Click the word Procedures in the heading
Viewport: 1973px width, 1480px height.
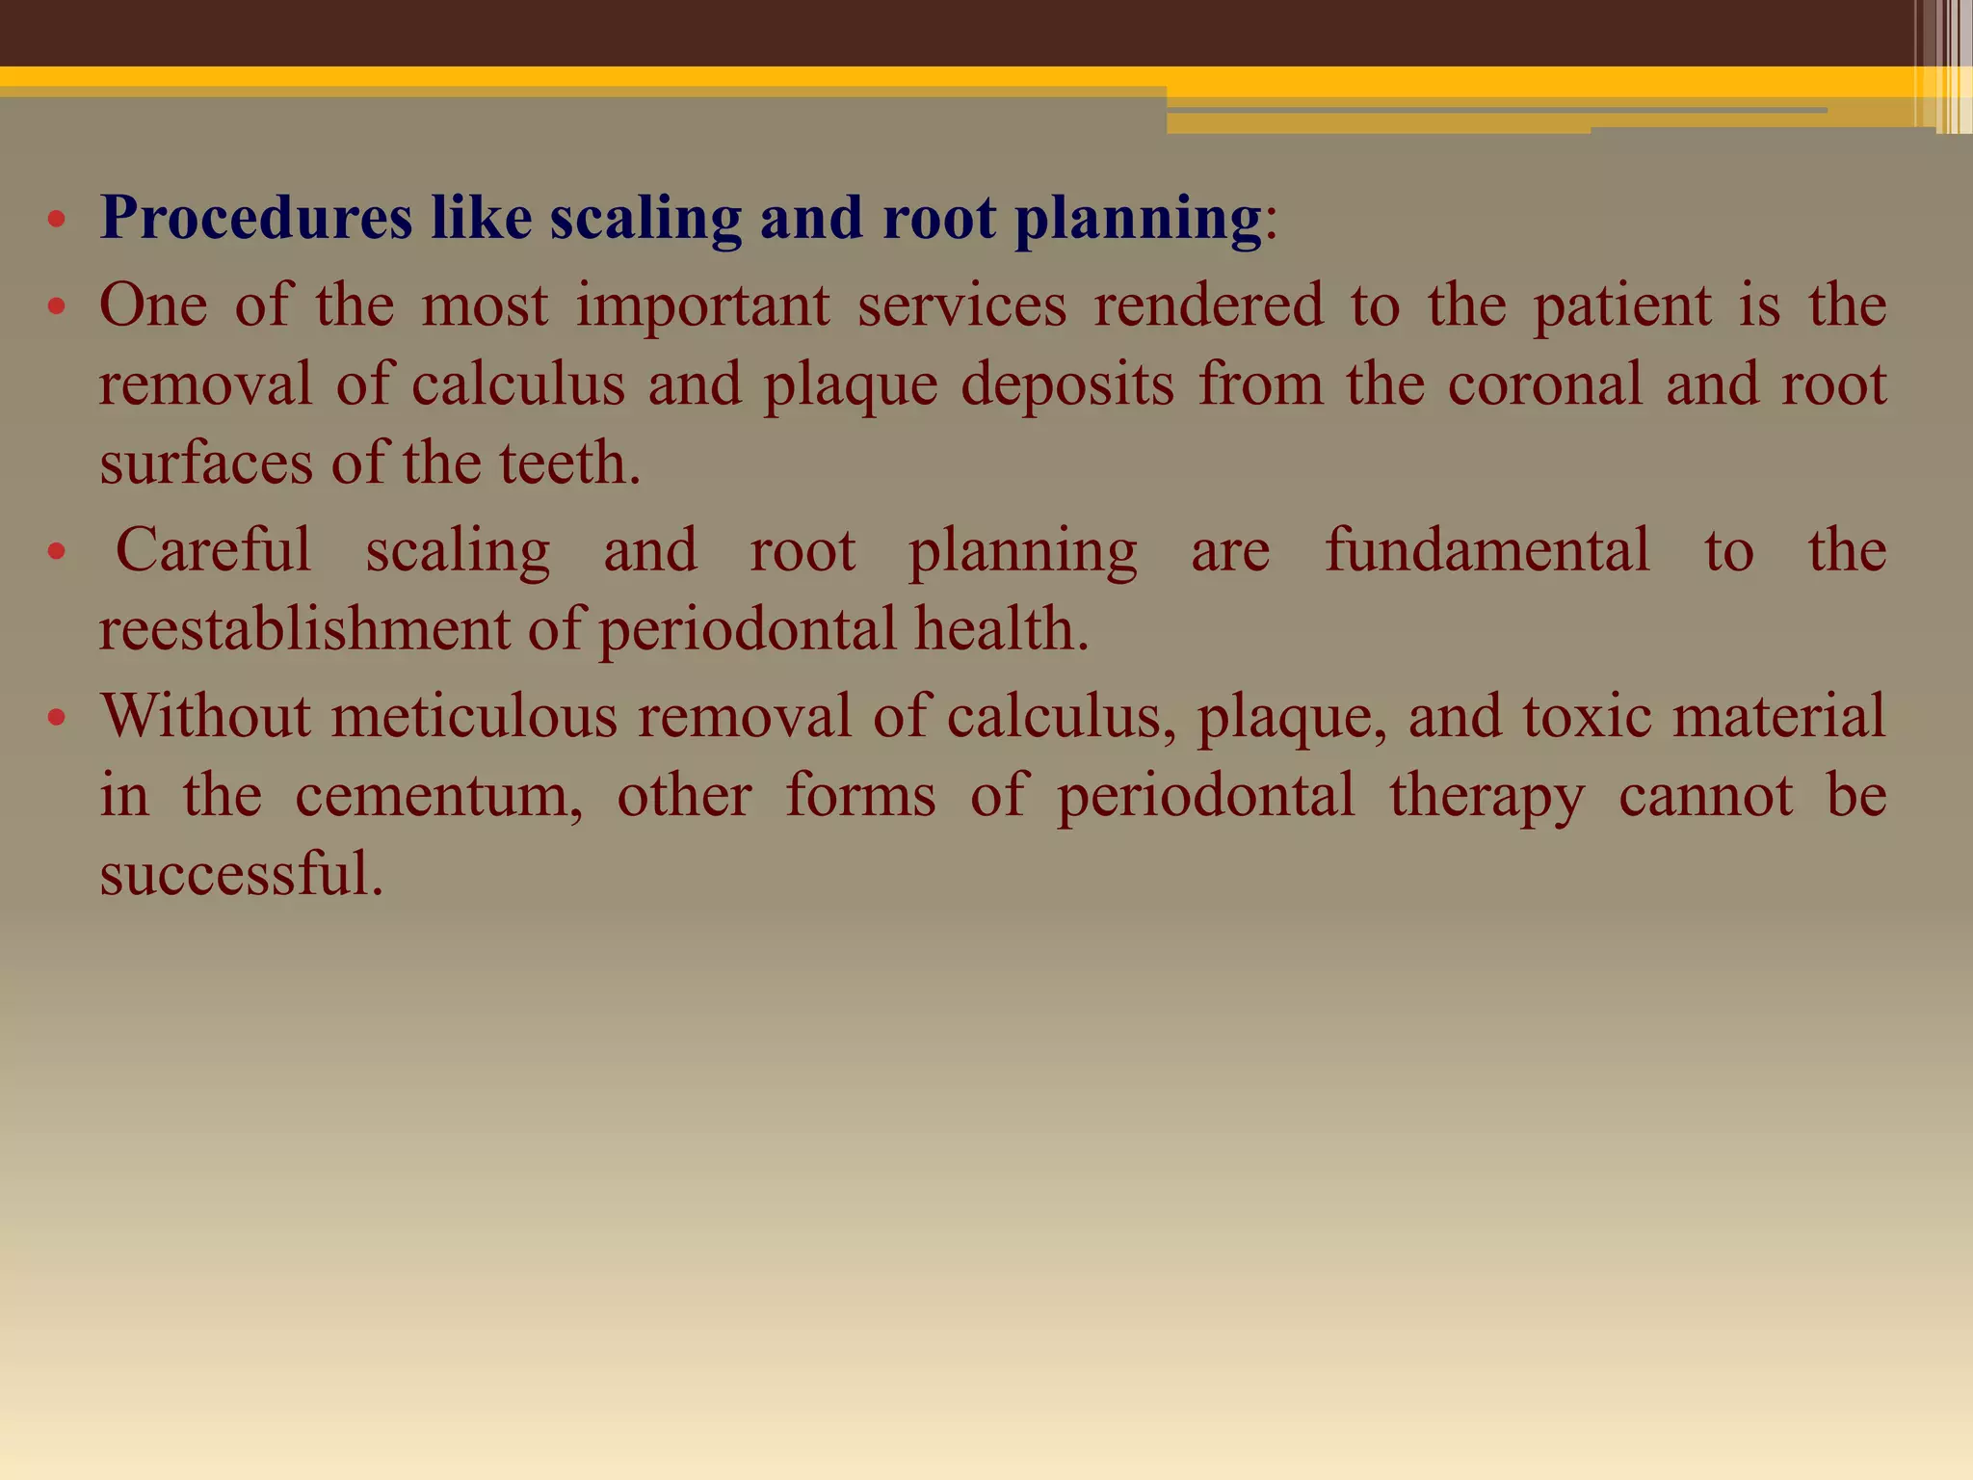pos(256,218)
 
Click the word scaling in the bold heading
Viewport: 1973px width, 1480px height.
pos(645,218)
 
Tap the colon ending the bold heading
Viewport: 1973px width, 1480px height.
pos(1271,223)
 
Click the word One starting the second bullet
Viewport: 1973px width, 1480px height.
pos(153,305)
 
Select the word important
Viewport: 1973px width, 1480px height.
pos(702,305)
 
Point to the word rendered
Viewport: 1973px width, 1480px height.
pos(1208,305)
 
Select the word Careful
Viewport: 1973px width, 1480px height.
pos(213,550)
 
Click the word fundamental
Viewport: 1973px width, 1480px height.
pos(1486,550)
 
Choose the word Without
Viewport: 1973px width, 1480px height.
pos(205,716)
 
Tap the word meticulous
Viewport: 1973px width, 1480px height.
pos(474,716)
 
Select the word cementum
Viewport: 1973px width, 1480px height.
pos(438,796)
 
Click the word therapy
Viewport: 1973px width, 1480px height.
pos(1486,796)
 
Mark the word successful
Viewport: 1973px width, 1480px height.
pos(240,874)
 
